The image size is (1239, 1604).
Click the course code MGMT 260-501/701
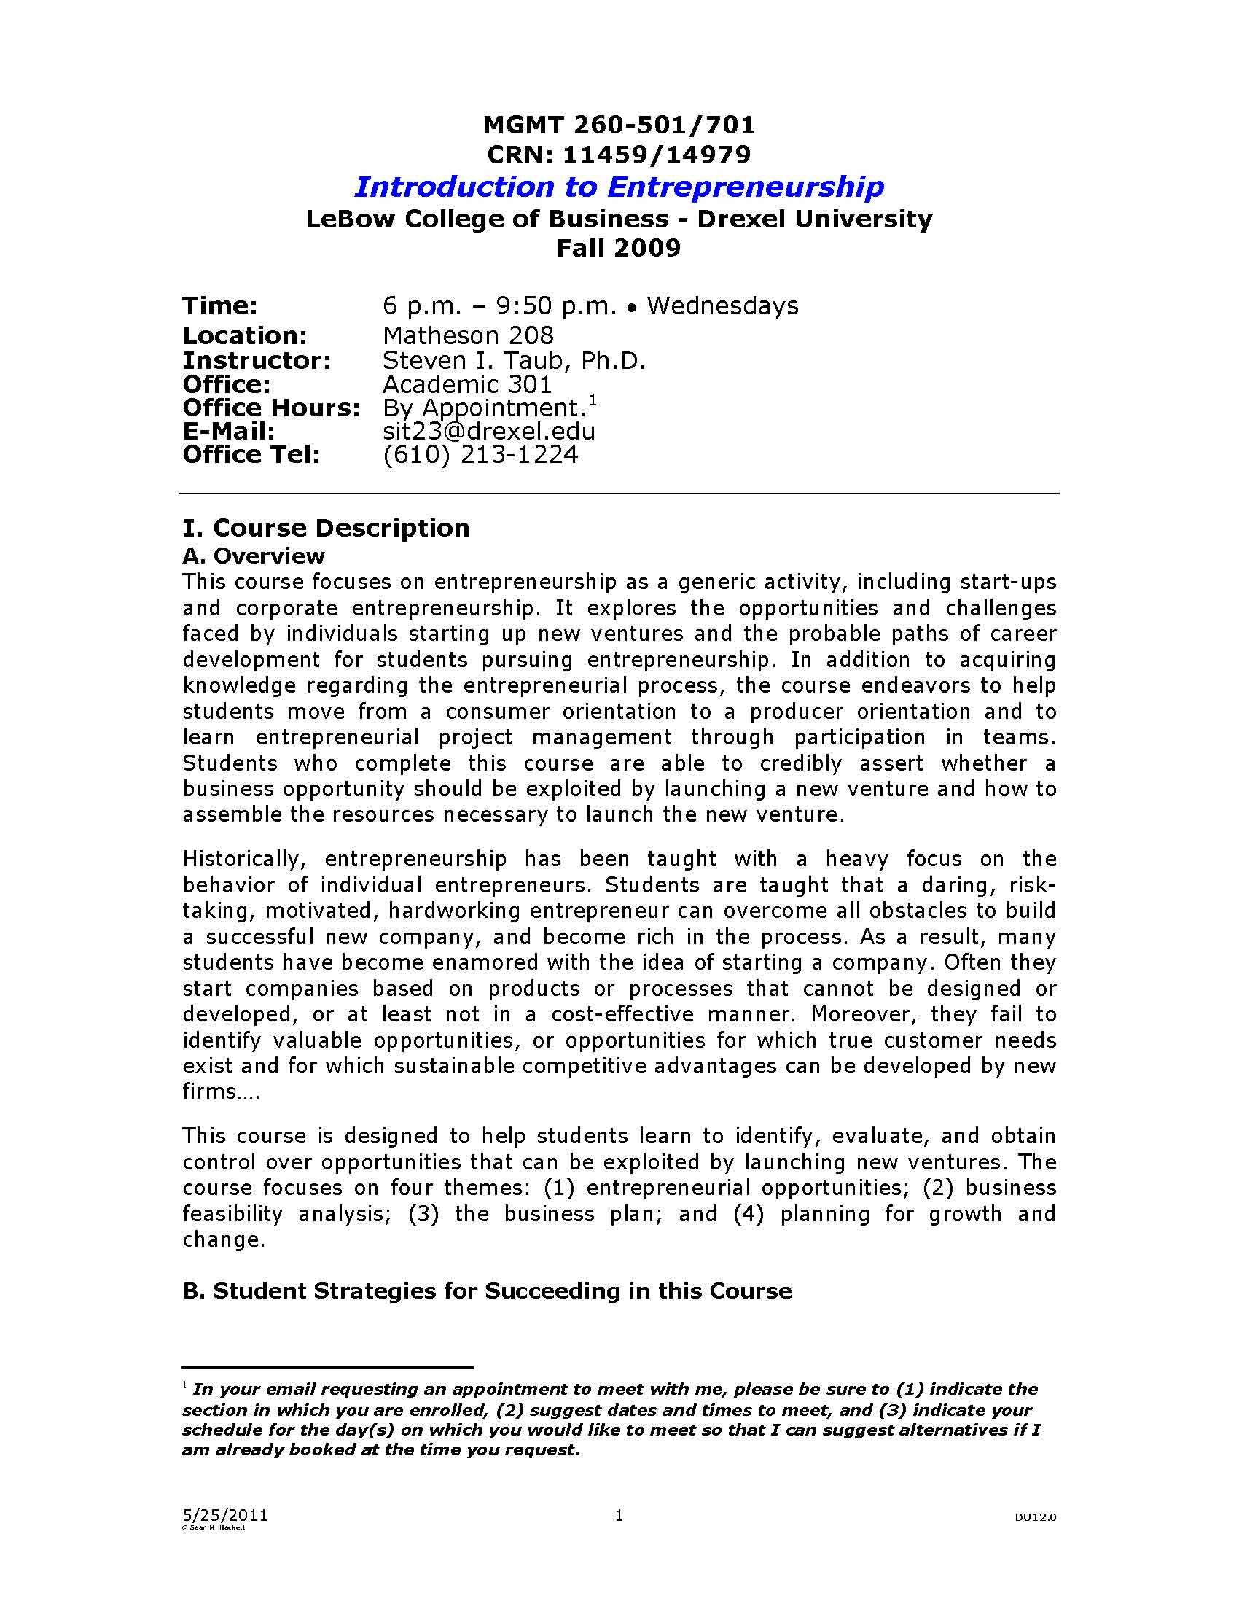(619, 125)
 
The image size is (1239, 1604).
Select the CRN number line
(619, 155)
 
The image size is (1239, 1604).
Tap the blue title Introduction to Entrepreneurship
(619, 187)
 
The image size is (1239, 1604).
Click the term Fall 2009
(619, 247)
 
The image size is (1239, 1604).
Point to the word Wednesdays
(722, 305)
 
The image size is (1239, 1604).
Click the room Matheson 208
(469, 335)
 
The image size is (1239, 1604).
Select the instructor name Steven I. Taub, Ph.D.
(514, 361)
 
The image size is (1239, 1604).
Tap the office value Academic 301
(468, 384)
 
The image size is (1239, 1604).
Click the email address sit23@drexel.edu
(489, 431)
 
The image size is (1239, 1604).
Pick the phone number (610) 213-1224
(481, 455)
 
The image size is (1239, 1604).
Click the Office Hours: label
(272, 408)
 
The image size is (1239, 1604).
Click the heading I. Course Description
(326, 528)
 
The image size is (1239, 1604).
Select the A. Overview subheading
(253, 556)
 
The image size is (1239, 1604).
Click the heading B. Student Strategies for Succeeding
(487, 1291)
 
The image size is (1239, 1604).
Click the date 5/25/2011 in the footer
(224, 1515)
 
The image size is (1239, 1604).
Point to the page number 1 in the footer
(619, 1514)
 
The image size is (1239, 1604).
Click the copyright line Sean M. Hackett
(214, 1527)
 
